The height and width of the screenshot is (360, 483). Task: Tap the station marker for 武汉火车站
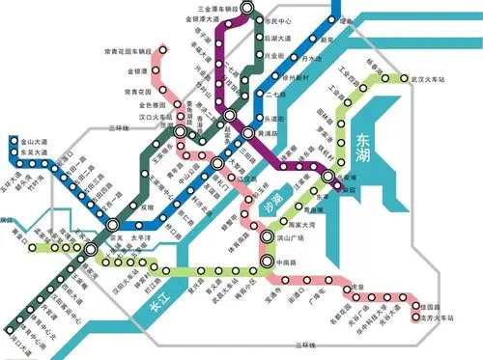point(405,79)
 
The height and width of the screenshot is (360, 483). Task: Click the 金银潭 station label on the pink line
point(135,70)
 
